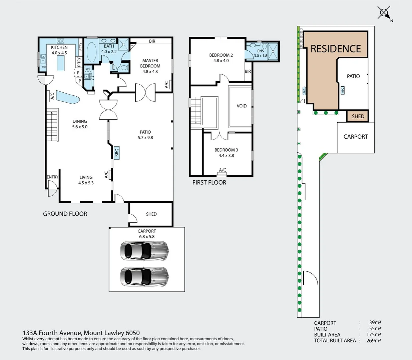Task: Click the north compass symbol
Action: click(x=384, y=13)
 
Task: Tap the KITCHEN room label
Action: click(x=59, y=47)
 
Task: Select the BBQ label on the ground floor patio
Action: click(x=116, y=152)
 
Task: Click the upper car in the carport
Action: click(x=144, y=251)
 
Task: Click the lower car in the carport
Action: click(x=144, y=276)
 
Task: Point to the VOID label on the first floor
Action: click(x=242, y=106)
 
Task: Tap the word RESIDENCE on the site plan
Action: click(x=336, y=49)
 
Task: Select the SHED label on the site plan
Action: click(x=358, y=116)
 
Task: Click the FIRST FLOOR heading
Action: click(x=209, y=182)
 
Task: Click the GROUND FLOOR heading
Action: click(x=65, y=214)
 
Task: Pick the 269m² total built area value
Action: click(x=373, y=340)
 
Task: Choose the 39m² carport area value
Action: click(x=375, y=322)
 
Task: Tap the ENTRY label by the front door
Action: click(x=52, y=177)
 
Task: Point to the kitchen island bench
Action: click(x=61, y=63)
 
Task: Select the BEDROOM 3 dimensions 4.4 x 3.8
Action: click(x=226, y=155)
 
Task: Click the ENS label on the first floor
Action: click(x=260, y=51)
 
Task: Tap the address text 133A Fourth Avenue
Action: click(x=52, y=333)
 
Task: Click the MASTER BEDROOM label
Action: click(x=150, y=63)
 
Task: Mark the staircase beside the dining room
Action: click(x=52, y=125)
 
